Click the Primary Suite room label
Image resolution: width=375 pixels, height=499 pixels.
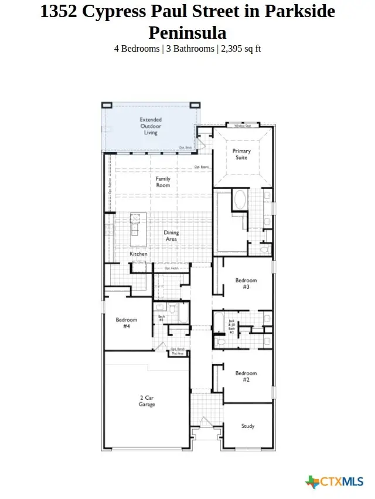click(x=241, y=154)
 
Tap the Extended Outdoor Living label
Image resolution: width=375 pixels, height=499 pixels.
click(x=151, y=126)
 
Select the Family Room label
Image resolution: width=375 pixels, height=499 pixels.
click(x=163, y=181)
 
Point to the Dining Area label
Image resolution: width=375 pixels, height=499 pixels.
click(x=171, y=236)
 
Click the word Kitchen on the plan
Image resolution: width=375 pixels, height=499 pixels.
click(x=138, y=254)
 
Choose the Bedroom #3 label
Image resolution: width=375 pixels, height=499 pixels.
click(x=246, y=284)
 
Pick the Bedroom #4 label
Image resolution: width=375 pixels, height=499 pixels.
click(x=127, y=323)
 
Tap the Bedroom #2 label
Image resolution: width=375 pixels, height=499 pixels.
click(x=246, y=376)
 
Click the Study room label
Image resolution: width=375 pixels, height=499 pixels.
click(x=248, y=426)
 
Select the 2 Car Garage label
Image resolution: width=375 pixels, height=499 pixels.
click(x=147, y=401)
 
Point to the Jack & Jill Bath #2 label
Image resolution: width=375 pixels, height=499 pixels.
click(x=232, y=328)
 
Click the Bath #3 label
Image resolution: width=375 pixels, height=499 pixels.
click(x=161, y=318)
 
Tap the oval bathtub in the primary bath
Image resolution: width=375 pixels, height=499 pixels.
click(x=240, y=200)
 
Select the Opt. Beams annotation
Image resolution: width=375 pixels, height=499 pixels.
click(x=202, y=167)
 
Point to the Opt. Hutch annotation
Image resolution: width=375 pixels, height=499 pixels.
click(x=171, y=268)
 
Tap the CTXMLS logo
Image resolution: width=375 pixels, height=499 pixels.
click(x=335, y=482)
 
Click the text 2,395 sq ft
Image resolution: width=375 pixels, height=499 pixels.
click(x=240, y=49)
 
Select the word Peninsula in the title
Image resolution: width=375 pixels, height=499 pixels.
click(x=187, y=32)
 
